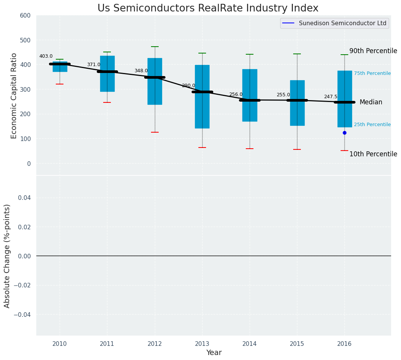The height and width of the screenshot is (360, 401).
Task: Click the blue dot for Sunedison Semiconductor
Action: click(x=344, y=133)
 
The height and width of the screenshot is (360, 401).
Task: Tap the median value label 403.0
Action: click(x=46, y=57)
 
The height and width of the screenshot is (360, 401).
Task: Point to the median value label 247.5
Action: click(x=331, y=97)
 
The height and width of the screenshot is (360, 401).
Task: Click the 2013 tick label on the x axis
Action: click(x=202, y=344)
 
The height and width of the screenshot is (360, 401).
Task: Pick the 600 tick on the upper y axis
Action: click(x=26, y=16)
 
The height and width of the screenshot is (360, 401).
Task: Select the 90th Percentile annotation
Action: click(x=373, y=51)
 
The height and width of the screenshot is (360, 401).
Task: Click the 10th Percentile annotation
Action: click(x=373, y=154)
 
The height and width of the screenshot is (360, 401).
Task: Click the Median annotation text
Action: click(x=371, y=102)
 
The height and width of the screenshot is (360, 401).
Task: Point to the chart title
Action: click(x=208, y=8)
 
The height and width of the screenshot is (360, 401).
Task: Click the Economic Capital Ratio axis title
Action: click(x=14, y=96)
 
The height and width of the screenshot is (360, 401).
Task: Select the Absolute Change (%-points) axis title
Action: click(x=7, y=256)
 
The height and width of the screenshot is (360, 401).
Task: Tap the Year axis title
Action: click(x=214, y=353)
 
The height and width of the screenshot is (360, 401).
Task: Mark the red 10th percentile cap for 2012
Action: click(x=155, y=132)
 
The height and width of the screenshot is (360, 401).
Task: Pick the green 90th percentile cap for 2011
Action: click(x=107, y=52)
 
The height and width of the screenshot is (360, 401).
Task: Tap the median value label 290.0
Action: click(x=188, y=86)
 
